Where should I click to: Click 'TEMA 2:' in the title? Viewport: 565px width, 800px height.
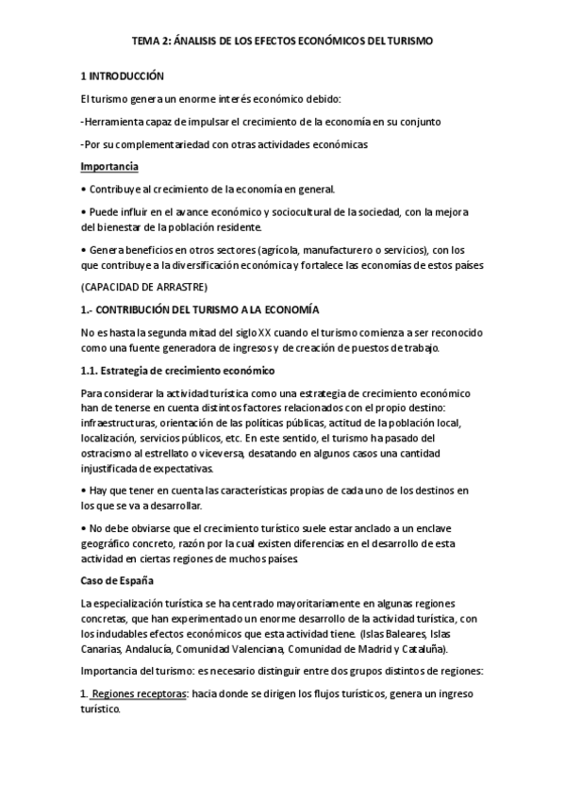point(150,42)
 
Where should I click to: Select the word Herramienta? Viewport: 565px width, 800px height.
point(116,121)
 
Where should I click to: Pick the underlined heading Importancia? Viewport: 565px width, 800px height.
point(109,166)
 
